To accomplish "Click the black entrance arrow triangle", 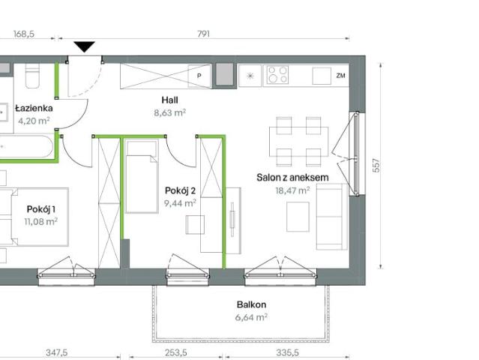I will (x=84, y=46).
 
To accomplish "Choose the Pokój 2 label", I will (x=180, y=190).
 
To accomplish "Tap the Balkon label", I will (x=252, y=304).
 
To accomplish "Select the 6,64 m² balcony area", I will (x=252, y=317).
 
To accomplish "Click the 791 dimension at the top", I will (x=202, y=34).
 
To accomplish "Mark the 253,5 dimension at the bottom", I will (x=175, y=352).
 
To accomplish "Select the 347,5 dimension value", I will (x=57, y=352).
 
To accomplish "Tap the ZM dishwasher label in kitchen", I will (x=341, y=76).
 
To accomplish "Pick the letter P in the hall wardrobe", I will (x=199, y=76).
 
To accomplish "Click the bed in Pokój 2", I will (x=141, y=183).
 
